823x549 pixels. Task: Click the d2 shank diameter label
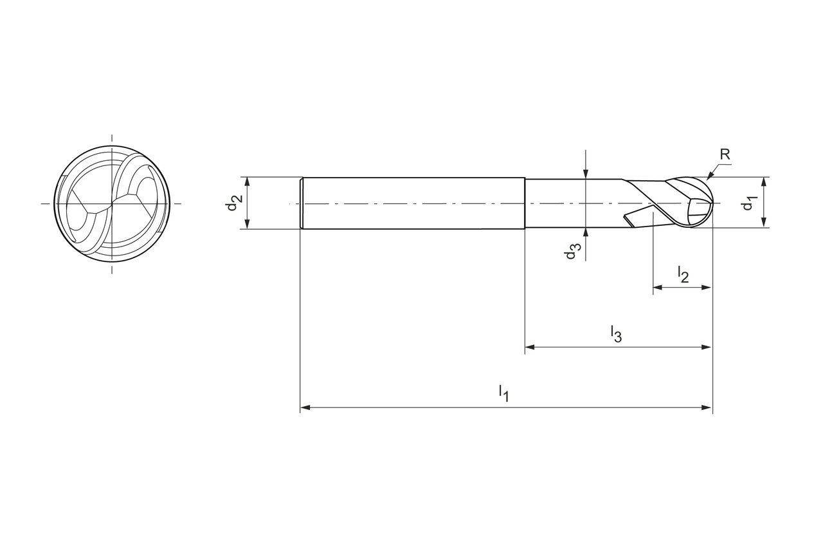(x=234, y=203)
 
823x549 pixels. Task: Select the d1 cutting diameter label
(x=748, y=203)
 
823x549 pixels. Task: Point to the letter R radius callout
(x=725, y=154)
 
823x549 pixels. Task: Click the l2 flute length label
(x=683, y=274)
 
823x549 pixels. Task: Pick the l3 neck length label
(x=616, y=334)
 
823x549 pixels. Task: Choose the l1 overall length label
(x=503, y=393)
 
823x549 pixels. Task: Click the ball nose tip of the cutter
(x=712, y=203)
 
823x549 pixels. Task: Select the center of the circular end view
(x=112, y=203)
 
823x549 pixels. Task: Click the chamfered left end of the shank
(x=302, y=203)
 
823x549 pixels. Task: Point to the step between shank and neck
(x=525, y=203)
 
